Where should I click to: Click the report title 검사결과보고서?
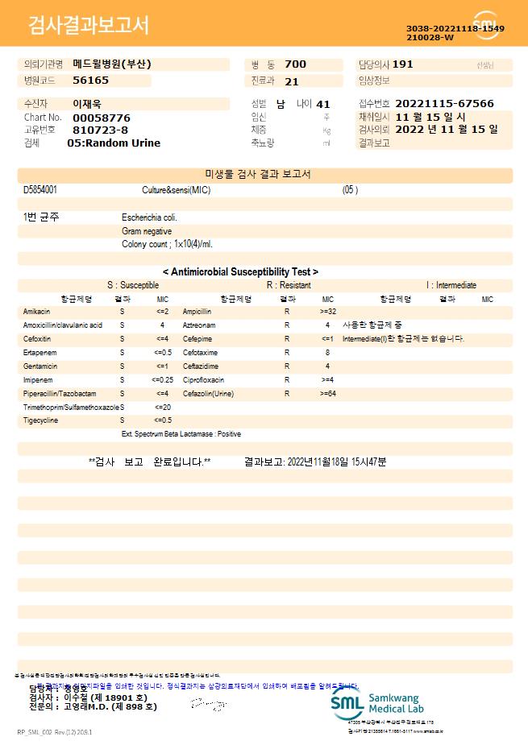(89, 26)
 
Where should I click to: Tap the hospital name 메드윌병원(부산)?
(111, 64)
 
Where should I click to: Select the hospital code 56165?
(90, 81)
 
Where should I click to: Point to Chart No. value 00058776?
(101, 118)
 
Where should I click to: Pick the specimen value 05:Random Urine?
(114, 143)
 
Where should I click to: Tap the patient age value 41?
(323, 104)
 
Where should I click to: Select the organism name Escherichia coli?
(149, 217)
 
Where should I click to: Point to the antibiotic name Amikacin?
(37, 312)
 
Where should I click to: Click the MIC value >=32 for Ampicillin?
(327, 312)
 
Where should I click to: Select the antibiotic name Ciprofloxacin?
(203, 379)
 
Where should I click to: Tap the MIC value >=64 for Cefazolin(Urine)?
(327, 393)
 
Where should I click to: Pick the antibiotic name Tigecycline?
(41, 420)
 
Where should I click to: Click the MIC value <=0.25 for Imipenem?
(162, 379)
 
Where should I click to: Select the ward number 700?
(296, 64)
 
